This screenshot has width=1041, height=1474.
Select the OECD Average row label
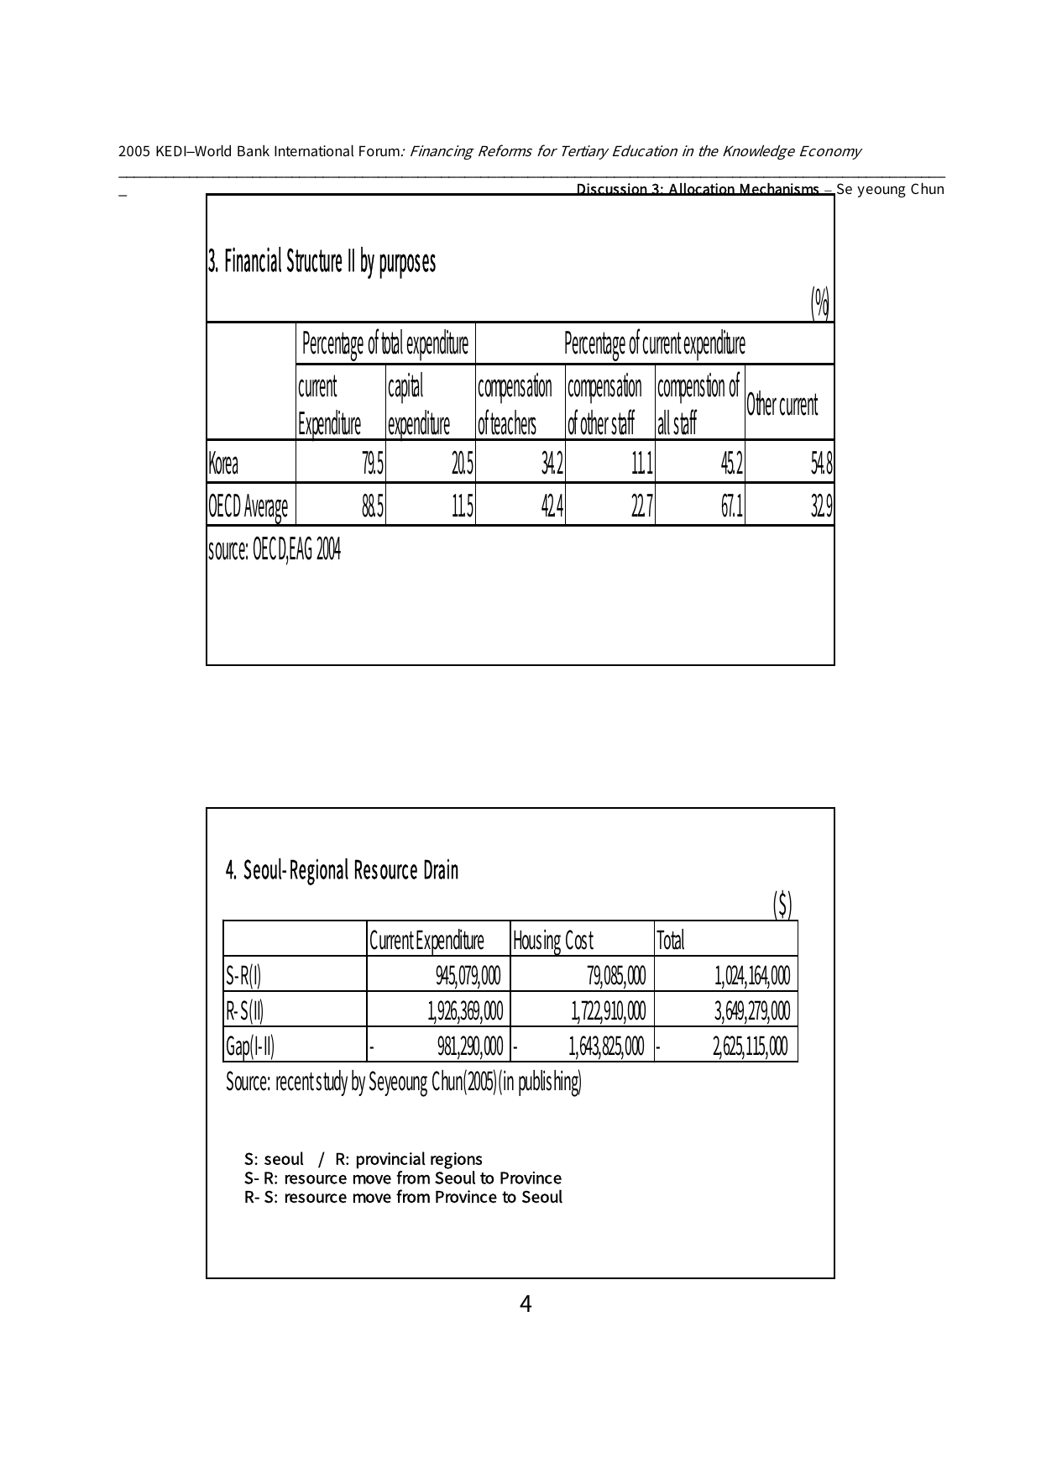pyautogui.click(x=248, y=506)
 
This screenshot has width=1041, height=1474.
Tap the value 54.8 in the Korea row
pyautogui.click(x=820, y=464)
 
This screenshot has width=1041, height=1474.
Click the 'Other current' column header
pyautogui.click(x=782, y=405)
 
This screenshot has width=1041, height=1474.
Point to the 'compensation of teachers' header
pyautogui.click(x=515, y=405)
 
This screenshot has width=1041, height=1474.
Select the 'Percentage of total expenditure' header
pyautogui.click(x=384, y=344)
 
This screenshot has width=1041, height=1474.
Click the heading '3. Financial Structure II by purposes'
pyautogui.click(x=322, y=263)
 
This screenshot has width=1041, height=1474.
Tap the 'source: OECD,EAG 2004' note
pyautogui.click(x=274, y=550)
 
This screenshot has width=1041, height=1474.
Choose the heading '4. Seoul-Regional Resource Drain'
pyautogui.click(x=343, y=870)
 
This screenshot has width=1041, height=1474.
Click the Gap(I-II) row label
pyautogui.click(x=249, y=1046)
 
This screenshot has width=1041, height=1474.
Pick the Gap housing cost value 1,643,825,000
pyautogui.click(x=606, y=1046)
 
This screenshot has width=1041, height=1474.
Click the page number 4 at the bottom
pyautogui.click(x=526, y=1304)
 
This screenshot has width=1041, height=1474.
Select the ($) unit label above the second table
pyautogui.click(x=782, y=904)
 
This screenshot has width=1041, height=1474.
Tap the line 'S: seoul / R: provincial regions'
pyautogui.click(x=364, y=1159)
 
